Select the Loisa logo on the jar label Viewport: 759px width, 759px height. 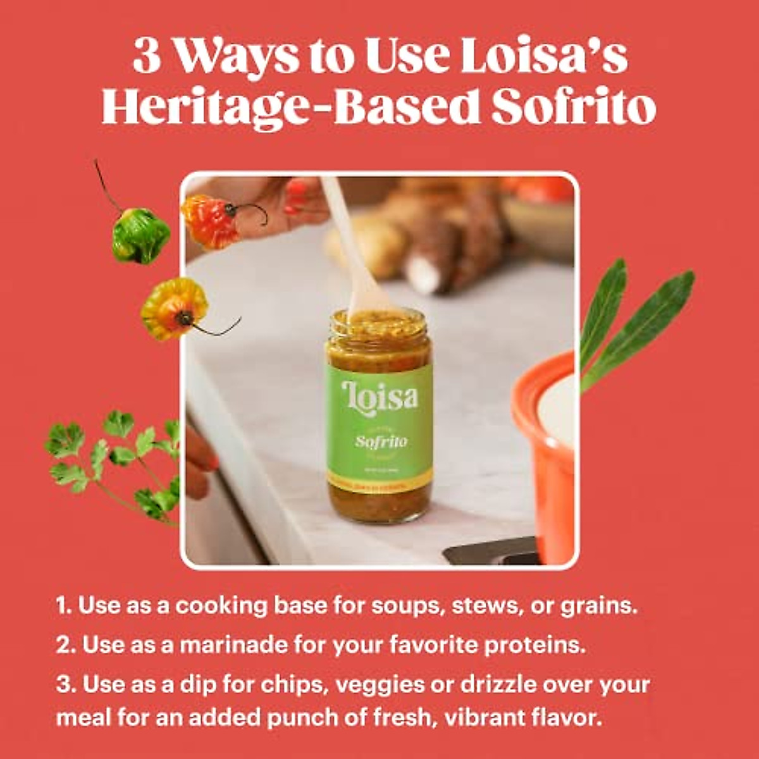point(379,397)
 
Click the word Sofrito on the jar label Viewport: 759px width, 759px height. point(381,441)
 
